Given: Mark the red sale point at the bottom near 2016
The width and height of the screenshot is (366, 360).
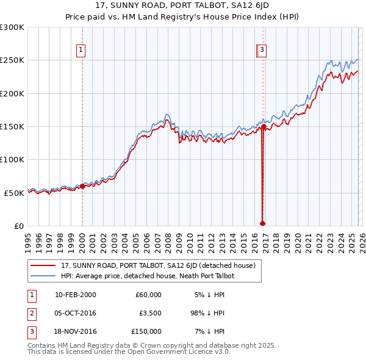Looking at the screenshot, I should point(262,223).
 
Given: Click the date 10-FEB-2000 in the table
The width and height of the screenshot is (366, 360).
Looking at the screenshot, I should point(75,295).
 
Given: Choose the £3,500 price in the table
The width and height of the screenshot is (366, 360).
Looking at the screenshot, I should point(149,313).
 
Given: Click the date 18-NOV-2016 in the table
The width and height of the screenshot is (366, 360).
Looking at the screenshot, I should point(75,331).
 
